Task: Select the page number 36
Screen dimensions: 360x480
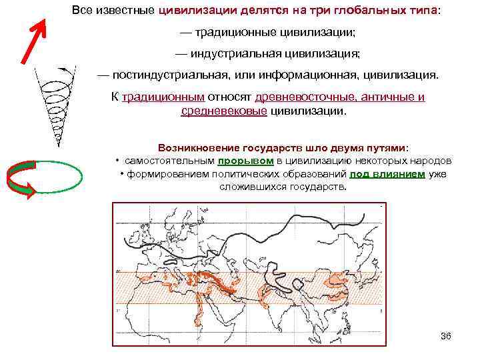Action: coord(446,335)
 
